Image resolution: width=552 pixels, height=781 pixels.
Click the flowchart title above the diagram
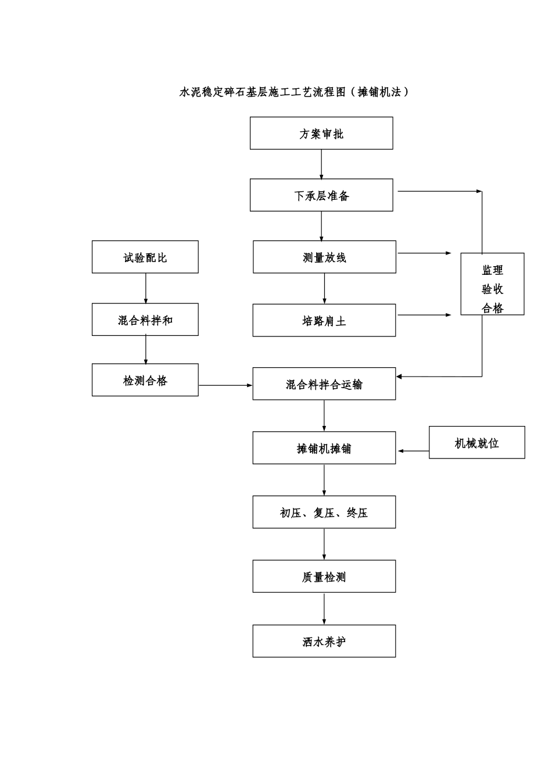coord(295,92)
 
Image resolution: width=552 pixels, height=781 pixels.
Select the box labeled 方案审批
coord(321,133)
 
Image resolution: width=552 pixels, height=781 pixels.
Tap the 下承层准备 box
coord(321,195)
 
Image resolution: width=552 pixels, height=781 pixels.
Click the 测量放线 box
coord(324,257)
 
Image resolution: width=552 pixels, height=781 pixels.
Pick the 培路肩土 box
coord(324,320)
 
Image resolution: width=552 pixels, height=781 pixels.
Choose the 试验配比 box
coord(145,257)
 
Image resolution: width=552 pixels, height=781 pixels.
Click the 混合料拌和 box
coord(145,320)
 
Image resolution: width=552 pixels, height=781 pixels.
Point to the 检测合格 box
coord(145,380)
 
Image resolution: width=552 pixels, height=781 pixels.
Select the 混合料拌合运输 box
coord(324,384)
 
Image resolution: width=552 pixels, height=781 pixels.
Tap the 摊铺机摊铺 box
coord(324,448)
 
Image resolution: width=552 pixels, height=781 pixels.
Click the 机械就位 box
coord(477,443)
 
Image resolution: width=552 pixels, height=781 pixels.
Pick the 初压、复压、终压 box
coord(324,513)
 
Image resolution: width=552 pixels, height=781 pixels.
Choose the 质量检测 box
coord(324,576)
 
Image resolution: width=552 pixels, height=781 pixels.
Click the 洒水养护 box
coord(324,642)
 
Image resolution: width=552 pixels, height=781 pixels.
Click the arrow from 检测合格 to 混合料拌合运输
coord(225,385)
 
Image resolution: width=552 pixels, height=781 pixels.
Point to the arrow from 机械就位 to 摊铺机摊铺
coord(413,451)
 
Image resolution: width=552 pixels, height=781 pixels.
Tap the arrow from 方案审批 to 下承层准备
coord(321,164)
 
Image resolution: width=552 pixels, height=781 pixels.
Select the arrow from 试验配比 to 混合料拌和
coord(146,288)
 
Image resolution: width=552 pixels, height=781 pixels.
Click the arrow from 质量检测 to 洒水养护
coord(324,609)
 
